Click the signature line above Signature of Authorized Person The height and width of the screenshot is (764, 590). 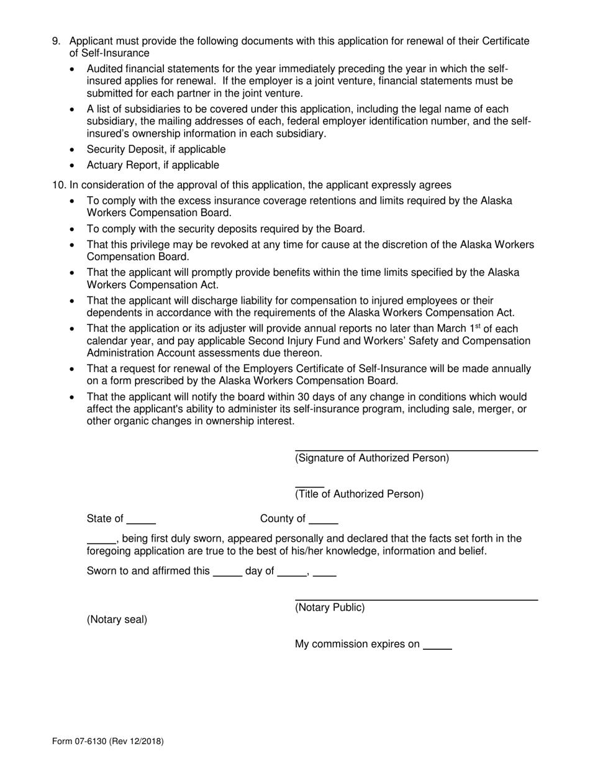pyautogui.click(x=416, y=449)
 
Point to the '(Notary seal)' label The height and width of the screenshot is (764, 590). pyautogui.click(x=117, y=620)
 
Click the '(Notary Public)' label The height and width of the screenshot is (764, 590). pyautogui.click(x=330, y=608)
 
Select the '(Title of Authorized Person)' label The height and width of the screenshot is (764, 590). pyautogui.click(x=359, y=494)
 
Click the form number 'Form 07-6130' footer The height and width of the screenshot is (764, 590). pyautogui.click(x=86, y=741)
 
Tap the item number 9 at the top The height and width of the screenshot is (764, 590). pyautogui.click(x=57, y=42)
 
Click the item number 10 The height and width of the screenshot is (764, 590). pyautogui.click(x=58, y=185)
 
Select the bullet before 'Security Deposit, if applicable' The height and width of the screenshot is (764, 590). pyautogui.click(x=74, y=150)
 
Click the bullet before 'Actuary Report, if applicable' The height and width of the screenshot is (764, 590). pyautogui.click(x=74, y=166)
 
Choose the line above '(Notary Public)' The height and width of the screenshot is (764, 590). pyautogui.click(x=416, y=599)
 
